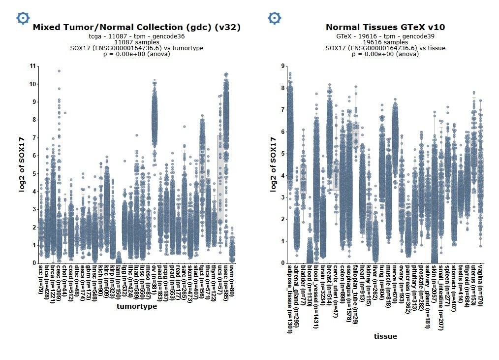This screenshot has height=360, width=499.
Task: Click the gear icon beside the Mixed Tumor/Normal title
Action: (23, 18)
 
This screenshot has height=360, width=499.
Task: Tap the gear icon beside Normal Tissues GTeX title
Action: (274, 18)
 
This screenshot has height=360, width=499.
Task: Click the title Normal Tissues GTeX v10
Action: (385, 28)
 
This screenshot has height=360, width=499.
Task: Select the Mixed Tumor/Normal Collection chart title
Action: (136, 28)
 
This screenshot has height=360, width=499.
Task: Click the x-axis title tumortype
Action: (136, 306)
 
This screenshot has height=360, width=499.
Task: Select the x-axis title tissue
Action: (385, 336)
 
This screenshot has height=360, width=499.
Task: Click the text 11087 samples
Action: (136, 42)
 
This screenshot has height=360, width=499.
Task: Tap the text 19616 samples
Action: (385, 42)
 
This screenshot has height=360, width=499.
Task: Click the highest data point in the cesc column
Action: (59, 71)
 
